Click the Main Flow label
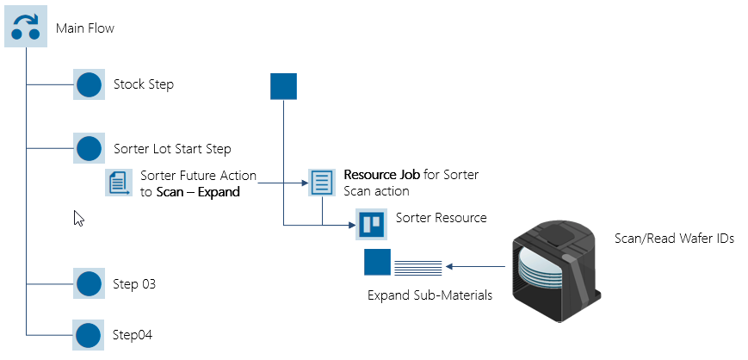click(85, 28)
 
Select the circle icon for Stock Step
click(90, 85)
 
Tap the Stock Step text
click(144, 84)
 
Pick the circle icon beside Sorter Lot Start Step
click(90, 149)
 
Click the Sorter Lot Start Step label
click(172, 149)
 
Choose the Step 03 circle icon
click(90, 283)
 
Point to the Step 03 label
click(134, 283)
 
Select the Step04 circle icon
click(90, 334)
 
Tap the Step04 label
click(133, 334)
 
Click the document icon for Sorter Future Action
click(119, 183)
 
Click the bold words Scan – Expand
click(197, 192)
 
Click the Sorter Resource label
click(441, 218)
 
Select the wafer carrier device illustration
click(556, 266)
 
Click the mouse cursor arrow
click(78, 218)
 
